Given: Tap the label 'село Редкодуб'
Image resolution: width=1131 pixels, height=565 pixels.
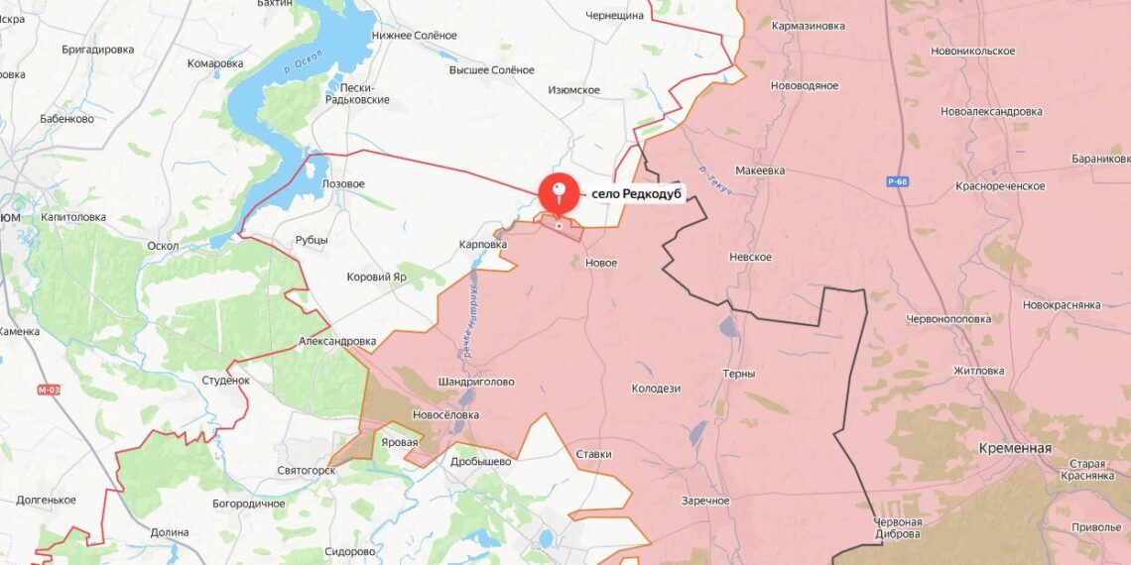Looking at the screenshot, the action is tap(636, 194).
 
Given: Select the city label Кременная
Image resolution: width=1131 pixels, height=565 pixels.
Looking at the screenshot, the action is tap(1014, 448).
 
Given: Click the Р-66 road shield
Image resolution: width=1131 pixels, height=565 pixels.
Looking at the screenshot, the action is tap(899, 182).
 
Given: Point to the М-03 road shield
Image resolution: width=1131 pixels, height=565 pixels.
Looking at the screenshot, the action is tap(49, 390).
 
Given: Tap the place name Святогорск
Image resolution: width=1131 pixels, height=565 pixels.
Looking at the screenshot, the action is tap(307, 470).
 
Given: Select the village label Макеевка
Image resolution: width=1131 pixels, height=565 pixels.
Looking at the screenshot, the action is tap(760, 170).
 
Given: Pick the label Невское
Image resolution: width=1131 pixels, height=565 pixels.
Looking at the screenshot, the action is tap(750, 257).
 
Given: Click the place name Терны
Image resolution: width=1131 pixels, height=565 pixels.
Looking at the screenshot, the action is tap(739, 374).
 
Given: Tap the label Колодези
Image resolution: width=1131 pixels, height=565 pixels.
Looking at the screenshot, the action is tap(655, 389).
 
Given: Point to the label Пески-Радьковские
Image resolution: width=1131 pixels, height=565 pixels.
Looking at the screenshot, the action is tap(357, 93).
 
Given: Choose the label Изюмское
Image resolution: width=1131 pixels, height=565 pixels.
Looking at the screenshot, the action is tap(573, 90).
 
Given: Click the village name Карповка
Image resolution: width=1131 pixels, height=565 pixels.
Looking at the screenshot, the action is tap(483, 244).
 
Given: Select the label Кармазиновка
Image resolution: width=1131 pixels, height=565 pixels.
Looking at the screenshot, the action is tap(809, 26).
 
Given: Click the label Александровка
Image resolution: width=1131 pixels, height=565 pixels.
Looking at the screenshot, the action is tap(337, 341).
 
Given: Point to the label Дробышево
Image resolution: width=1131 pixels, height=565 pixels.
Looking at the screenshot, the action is tap(480, 461).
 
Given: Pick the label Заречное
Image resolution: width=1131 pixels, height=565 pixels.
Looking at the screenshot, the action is tap(705, 501).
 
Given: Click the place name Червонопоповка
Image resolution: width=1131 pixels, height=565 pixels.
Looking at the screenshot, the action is tap(948, 319).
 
